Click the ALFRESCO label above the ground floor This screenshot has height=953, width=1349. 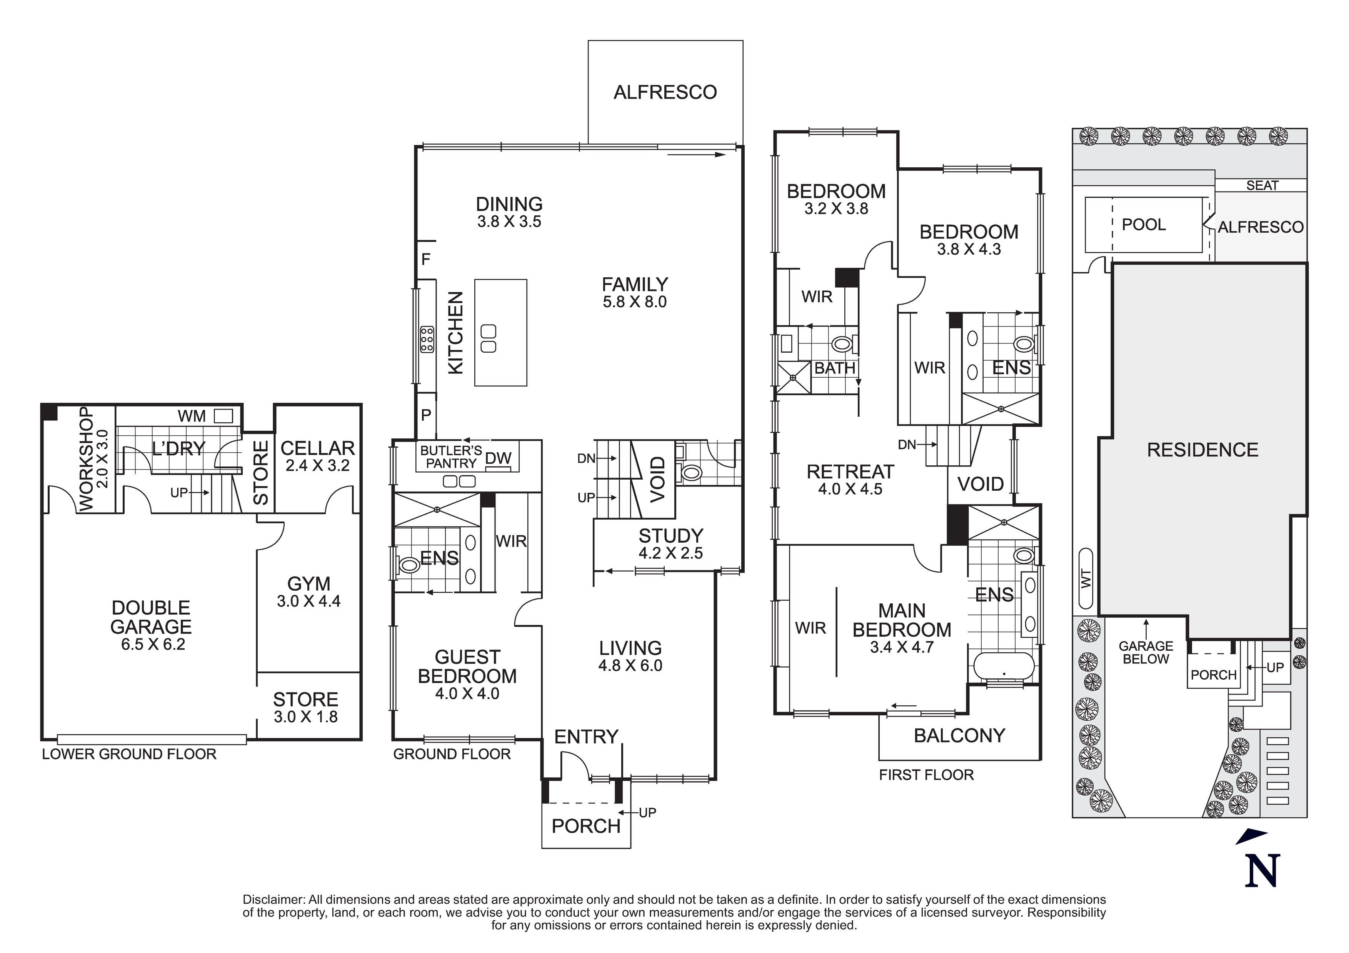(x=665, y=92)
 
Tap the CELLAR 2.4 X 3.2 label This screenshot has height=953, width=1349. (x=317, y=456)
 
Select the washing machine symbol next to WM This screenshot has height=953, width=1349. (x=223, y=416)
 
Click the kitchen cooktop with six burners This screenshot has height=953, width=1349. (x=427, y=340)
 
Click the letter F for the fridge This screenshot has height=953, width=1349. (x=426, y=259)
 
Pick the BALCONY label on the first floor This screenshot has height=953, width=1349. (x=959, y=736)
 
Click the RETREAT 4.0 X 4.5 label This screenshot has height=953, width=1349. (x=850, y=480)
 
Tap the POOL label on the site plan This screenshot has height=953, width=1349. (x=1143, y=225)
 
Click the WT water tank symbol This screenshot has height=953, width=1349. (x=1086, y=579)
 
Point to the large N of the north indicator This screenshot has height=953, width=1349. (x=1262, y=873)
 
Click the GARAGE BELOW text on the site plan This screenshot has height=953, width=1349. (x=1146, y=652)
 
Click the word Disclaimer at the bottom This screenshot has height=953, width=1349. (x=274, y=900)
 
